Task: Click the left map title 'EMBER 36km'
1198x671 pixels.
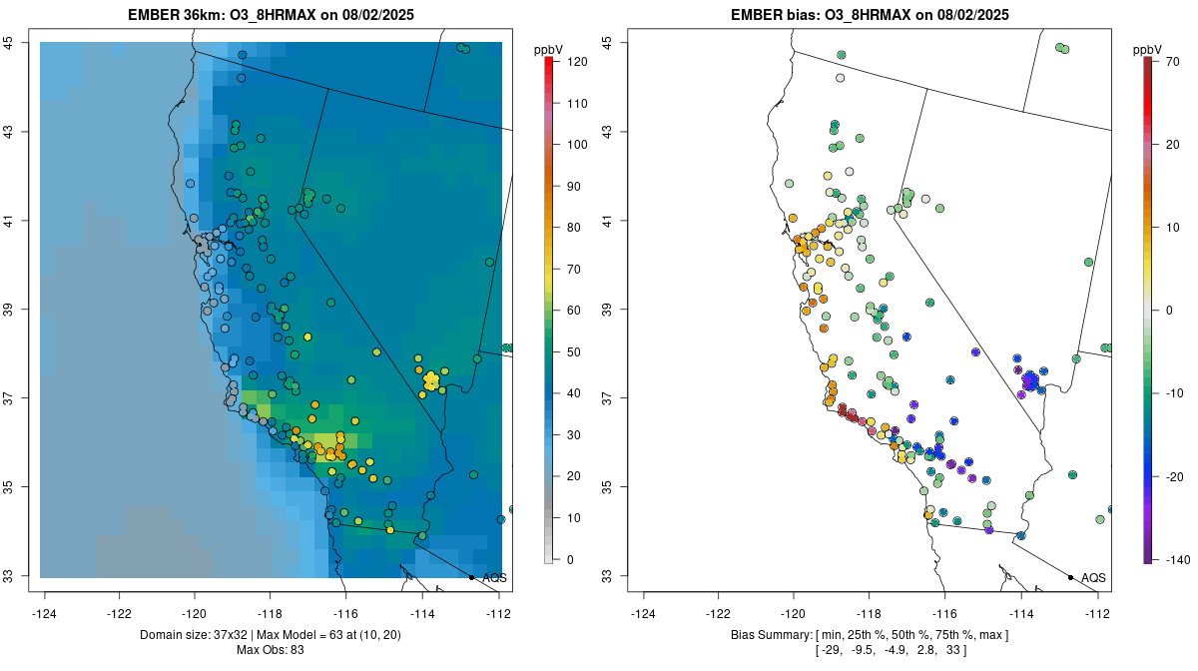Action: point(169,15)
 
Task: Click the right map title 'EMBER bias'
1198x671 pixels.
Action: point(770,15)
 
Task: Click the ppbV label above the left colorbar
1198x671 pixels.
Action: point(548,49)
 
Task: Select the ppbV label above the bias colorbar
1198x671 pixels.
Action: point(1147,49)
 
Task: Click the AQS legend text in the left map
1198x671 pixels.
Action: point(494,578)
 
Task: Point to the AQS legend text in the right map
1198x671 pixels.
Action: point(1093,578)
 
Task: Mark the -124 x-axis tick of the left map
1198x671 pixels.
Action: point(45,613)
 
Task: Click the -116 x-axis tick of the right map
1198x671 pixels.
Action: point(944,613)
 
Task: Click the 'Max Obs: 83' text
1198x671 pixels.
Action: point(270,650)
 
